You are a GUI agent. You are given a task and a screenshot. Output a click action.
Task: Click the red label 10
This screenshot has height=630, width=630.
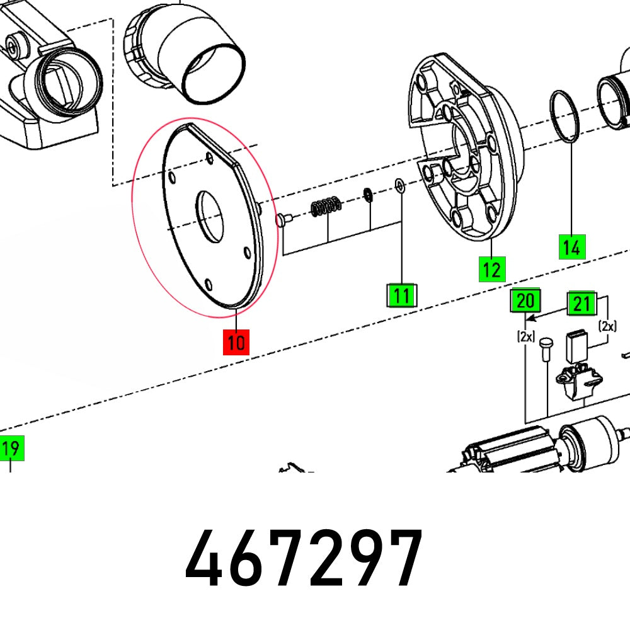point(236,343)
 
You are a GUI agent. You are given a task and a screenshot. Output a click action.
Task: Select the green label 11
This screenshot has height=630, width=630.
point(401,295)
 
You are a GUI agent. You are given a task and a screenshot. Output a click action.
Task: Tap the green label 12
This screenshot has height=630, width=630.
point(491,270)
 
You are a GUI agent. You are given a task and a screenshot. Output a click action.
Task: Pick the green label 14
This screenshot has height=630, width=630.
point(572,246)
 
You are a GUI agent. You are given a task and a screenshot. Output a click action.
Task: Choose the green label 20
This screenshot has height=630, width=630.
point(525,302)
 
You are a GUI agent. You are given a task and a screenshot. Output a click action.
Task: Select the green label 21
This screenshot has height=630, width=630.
point(581,304)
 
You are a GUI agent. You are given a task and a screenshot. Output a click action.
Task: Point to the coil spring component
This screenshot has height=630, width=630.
point(326,205)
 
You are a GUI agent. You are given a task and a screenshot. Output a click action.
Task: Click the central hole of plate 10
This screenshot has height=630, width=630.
point(209,217)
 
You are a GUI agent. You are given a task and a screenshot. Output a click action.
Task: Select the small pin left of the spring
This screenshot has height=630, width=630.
point(282,219)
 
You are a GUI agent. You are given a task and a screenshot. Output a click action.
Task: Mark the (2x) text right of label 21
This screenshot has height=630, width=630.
point(608,326)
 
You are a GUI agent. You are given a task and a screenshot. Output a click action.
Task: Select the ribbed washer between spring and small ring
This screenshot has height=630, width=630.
point(367,195)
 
